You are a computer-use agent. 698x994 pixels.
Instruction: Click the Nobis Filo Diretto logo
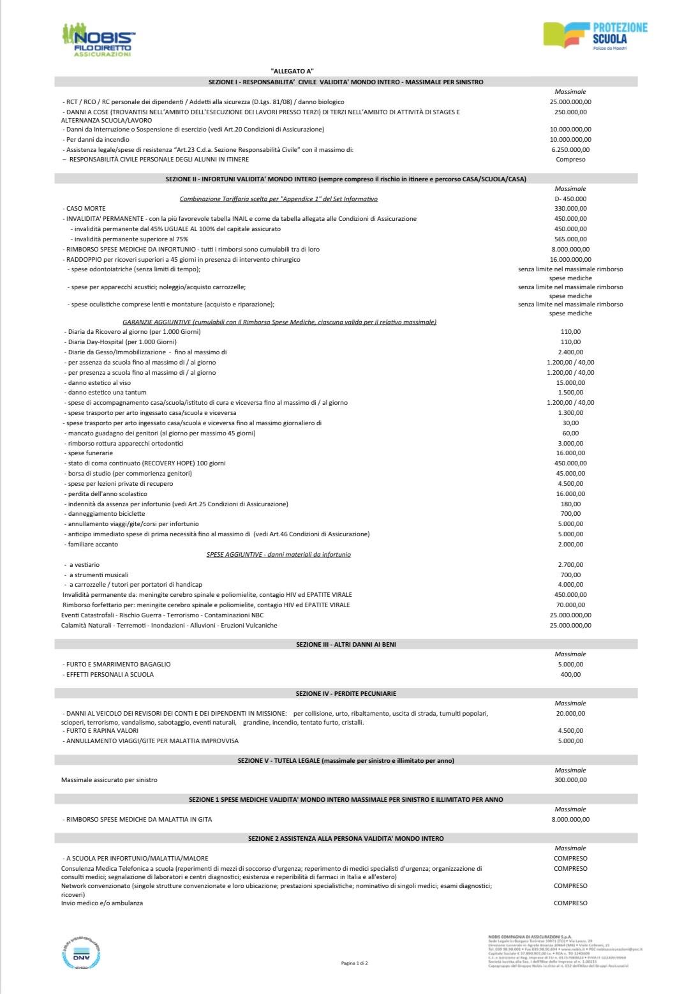click(x=99, y=40)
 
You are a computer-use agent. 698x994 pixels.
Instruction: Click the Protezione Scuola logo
click(x=595, y=36)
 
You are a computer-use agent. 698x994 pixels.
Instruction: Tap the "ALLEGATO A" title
click(x=292, y=72)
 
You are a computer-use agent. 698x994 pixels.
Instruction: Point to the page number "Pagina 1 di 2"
click(x=355, y=962)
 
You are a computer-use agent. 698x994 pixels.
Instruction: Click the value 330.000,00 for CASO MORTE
click(x=570, y=209)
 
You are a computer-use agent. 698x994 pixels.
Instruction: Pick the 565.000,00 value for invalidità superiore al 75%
click(x=570, y=239)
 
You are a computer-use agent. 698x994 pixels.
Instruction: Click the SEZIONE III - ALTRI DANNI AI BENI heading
click(x=346, y=645)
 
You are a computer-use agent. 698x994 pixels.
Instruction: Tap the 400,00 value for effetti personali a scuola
click(x=570, y=675)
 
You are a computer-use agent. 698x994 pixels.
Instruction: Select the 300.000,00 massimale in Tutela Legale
click(x=570, y=780)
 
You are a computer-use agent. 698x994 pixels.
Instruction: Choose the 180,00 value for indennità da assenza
click(x=570, y=504)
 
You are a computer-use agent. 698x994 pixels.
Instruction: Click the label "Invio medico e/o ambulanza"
click(x=102, y=903)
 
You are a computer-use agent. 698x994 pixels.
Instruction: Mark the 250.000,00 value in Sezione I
click(x=570, y=112)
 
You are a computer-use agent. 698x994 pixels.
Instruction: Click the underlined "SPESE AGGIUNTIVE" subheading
click(x=278, y=555)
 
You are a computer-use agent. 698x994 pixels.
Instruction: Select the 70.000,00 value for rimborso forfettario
click(x=570, y=605)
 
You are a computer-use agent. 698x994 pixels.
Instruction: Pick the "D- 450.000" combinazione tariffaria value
click(x=570, y=199)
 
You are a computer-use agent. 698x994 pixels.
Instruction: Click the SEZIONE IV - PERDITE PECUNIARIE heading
click(x=346, y=693)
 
